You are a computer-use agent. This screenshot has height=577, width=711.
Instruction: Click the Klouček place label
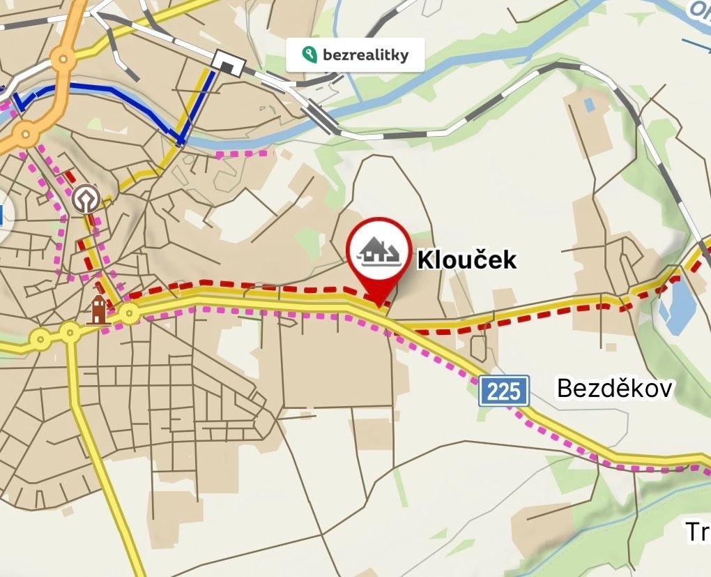(467, 260)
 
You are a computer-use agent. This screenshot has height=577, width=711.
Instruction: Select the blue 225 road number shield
(504, 391)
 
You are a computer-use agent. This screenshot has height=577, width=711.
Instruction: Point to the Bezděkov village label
(614, 388)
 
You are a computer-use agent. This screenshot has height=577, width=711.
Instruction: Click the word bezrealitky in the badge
(365, 54)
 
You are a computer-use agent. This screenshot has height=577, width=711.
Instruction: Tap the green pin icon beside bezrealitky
(307, 54)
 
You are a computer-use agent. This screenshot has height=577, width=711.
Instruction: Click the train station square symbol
(229, 63)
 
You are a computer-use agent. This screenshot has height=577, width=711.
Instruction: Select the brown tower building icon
(98, 309)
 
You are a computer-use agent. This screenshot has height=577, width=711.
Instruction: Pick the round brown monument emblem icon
(85, 198)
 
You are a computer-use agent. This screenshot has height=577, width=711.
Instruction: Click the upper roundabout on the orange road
(63, 61)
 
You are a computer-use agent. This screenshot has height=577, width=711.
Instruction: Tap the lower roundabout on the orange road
(26, 131)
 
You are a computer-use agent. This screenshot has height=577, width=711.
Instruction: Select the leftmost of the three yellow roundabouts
(40, 339)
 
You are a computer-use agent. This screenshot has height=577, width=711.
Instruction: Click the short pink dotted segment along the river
(243, 153)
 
